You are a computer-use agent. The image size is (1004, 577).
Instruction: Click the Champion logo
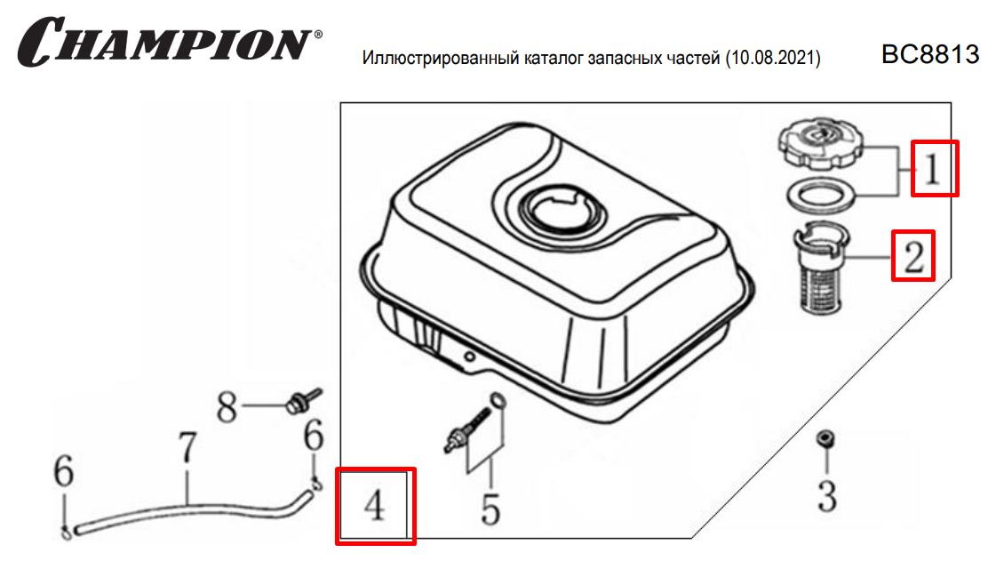(x=170, y=42)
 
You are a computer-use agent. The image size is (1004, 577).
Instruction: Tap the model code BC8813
(x=930, y=54)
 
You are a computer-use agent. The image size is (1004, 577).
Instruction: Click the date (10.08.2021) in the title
(x=773, y=59)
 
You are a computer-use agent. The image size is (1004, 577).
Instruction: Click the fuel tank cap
(x=821, y=142)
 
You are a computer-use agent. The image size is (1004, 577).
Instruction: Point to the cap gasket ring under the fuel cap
(x=821, y=196)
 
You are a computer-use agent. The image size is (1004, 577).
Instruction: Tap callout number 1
(x=932, y=169)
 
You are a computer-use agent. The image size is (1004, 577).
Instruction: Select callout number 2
(x=913, y=256)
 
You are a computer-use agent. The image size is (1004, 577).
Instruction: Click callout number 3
(x=826, y=497)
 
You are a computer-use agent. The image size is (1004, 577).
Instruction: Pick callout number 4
(x=375, y=505)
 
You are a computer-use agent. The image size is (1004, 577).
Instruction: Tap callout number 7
(x=187, y=447)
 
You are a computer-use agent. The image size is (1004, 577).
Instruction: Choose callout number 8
(x=227, y=407)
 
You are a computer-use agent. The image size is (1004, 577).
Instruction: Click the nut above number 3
(x=825, y=438)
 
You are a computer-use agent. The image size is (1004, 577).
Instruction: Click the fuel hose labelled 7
(x=192, y=512)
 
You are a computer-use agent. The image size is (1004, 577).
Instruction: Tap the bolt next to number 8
(x=303, y=401)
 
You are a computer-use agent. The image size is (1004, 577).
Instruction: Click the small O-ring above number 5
(x=498, y=402)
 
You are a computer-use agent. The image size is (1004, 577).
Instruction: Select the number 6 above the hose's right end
(x=313, y=437)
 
